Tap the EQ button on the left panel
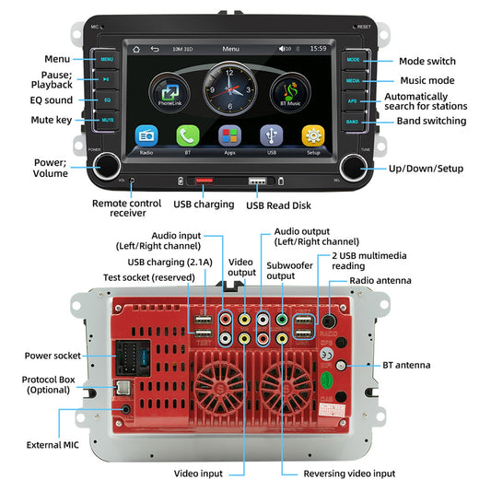pos(108,99)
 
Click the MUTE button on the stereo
pos(108,121)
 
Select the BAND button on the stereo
pos(352,121)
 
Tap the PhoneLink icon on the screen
pos(171,94)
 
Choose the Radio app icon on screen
pos(145,135)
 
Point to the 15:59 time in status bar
pos(318,48)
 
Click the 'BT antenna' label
pos(406,365)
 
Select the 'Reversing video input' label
pos(349,473)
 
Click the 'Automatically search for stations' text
pos(425,101)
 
